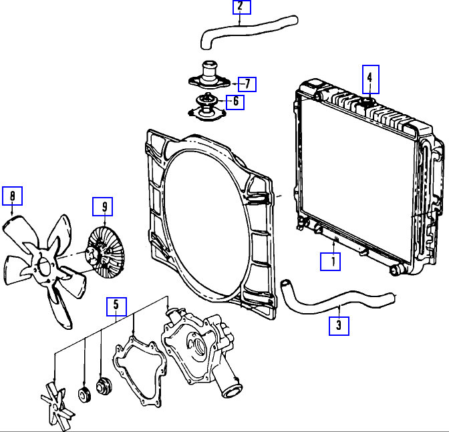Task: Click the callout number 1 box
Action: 330,261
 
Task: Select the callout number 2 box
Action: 241,7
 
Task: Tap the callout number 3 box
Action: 339,325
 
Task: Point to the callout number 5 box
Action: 116,306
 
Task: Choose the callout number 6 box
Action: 235,102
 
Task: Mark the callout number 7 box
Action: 247,84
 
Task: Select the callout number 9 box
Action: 104,207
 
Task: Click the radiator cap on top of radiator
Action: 366,101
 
